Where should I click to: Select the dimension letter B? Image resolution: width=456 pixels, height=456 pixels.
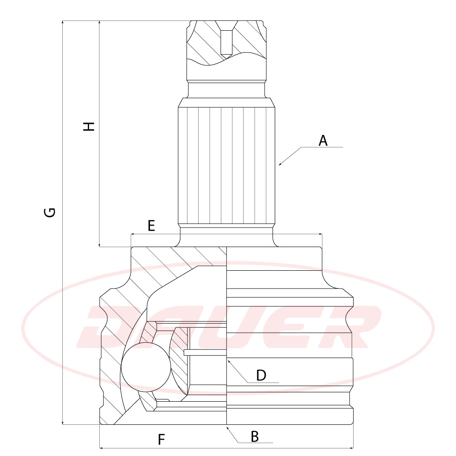coord(255,436)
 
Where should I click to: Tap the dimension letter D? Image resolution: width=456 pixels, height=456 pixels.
coord(261,375)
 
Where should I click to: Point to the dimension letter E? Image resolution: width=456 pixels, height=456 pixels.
coord(151,226)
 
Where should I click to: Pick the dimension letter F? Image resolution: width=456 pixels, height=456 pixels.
coord(161,440)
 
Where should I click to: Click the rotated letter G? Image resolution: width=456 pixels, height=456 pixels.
coord(50,212)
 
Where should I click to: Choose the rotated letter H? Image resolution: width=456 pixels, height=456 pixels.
coord(89,126)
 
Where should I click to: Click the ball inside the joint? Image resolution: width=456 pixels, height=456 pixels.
coord(146,367)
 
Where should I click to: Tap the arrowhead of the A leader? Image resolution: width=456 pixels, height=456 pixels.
coord(280,164)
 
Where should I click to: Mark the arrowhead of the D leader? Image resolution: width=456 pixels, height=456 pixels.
coord(229,361)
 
